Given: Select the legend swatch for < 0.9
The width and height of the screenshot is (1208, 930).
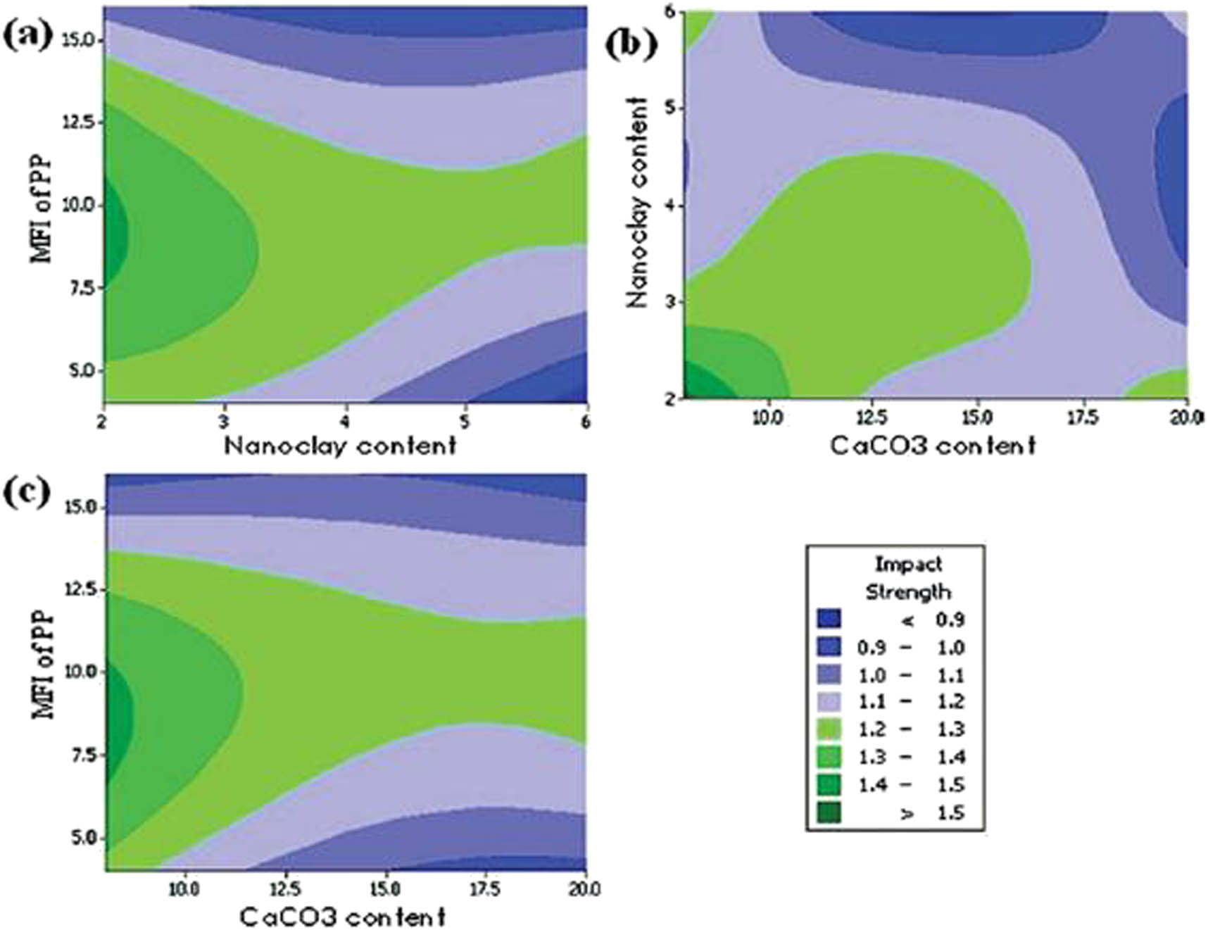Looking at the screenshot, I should pos(829,620).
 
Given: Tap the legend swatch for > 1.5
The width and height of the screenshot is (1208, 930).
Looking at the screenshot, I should pos(829,813).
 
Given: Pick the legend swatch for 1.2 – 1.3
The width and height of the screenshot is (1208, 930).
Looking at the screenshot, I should pos(829,729).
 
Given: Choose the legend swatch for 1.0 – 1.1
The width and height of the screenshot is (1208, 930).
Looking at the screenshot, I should pos(829,674).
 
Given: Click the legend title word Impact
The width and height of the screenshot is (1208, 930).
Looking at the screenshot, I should pos(907,565).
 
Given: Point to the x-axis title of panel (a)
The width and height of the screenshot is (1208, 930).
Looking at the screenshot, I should pos(340,446).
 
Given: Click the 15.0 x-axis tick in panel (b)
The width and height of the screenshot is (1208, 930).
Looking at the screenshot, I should pos(977,418).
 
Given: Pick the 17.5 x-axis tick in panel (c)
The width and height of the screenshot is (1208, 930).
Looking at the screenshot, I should pos(484,889).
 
